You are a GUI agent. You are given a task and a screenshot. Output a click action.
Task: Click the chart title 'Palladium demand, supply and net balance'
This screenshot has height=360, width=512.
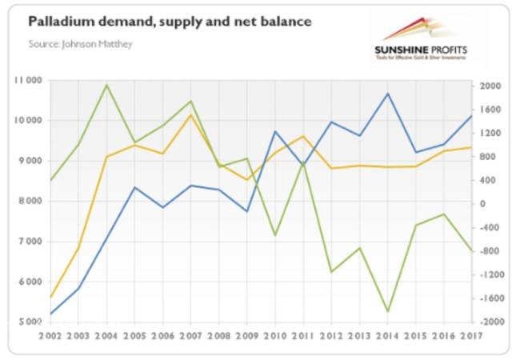coord(170,22)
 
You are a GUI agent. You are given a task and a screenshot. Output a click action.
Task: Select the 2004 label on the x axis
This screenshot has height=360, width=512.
coord(107,335)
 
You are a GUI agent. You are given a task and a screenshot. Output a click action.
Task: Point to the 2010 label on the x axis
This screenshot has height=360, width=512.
coord(274,335)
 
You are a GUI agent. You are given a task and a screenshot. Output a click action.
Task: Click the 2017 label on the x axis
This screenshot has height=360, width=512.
coord(471,335)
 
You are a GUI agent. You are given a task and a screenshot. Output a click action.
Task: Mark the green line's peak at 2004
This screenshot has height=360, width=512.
coord(107,85)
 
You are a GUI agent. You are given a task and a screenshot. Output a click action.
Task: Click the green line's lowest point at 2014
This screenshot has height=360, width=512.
coord(388,311)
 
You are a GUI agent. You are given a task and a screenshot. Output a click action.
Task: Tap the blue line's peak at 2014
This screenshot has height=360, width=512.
coord(388,94)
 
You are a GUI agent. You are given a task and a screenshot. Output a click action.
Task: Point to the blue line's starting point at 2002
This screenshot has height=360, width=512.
coord(51,314)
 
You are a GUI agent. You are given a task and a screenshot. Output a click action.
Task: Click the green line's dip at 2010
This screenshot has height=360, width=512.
coord(275,235)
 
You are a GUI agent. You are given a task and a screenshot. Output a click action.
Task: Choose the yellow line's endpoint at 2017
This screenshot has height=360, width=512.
coord(471,147)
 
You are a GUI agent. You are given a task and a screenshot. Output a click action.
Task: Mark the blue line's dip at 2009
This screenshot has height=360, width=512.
coord(247,211)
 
